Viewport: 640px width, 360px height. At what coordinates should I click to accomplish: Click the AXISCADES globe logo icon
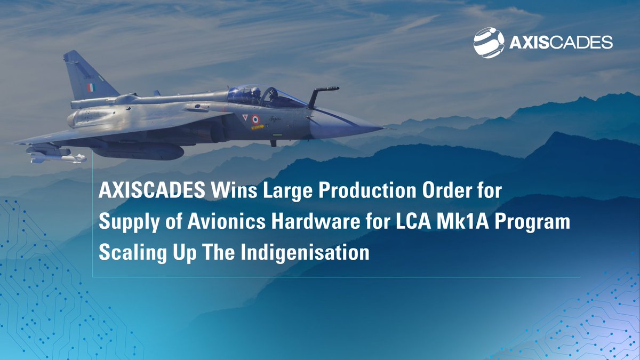pos(489,43)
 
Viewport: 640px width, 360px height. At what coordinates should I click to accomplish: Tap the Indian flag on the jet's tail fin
pos(91,87)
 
